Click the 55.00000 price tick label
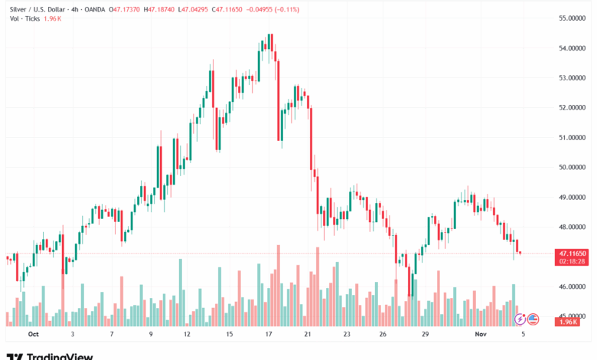click(573, 18)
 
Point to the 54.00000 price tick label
click(573, 47)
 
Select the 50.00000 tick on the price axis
click(573, 167)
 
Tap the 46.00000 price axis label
click(573, 286)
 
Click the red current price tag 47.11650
click(573, 253)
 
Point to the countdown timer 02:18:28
click(573, 261)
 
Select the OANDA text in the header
click(92, 9)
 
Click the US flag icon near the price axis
click(533, 319)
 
